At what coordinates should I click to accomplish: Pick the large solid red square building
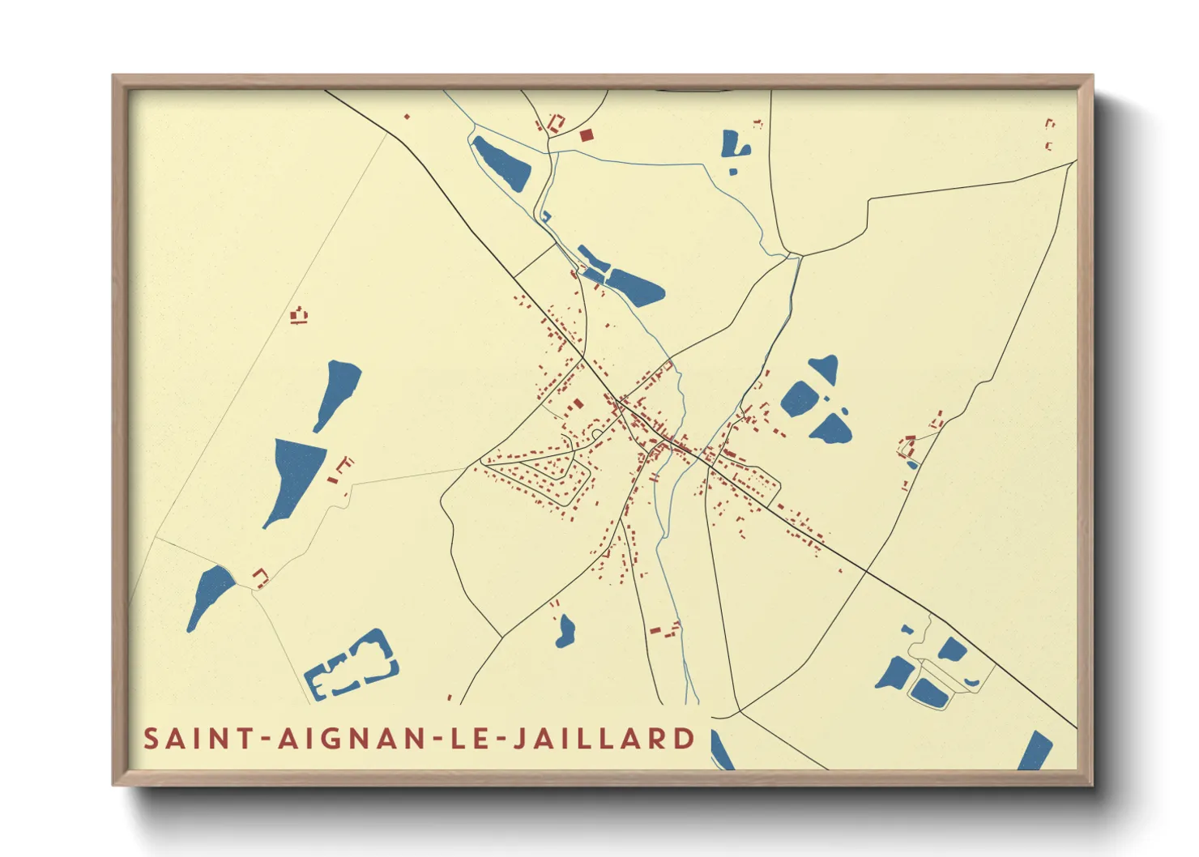coord(586,134)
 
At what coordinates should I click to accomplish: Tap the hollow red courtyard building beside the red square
coord(557,124)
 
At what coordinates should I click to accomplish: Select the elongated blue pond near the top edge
coord(501,163)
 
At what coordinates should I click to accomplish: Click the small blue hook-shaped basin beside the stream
coord(546,216)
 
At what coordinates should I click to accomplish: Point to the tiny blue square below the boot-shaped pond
coord(733,172)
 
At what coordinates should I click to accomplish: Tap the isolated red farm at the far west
coord(300,315)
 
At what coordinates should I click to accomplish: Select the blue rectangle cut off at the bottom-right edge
coord(1035,751)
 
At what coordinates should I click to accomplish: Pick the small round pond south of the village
coord(565,630)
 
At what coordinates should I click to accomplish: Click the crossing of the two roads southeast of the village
coord(866,571)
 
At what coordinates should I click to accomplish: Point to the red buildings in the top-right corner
coord(1049,134)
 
